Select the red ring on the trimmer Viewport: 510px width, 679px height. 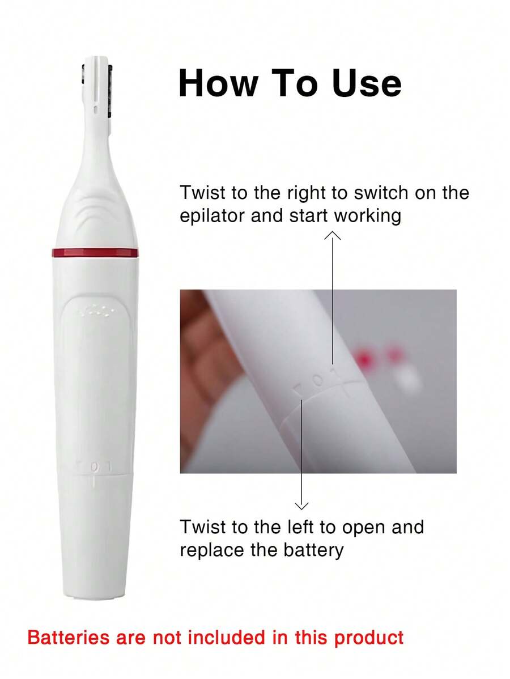[95, 253]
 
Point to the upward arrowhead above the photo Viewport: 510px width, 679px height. [332, 236]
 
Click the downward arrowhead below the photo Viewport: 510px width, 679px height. [302, 504]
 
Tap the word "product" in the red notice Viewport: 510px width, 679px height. [369, 638]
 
